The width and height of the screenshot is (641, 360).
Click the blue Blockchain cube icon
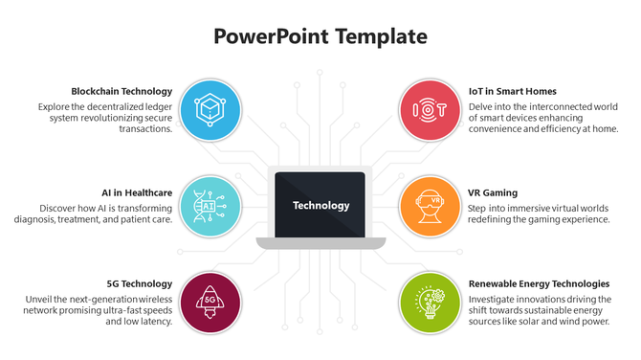coord(210,110)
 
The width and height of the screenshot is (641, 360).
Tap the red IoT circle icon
coord(430,110)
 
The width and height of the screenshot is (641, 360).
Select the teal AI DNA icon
coord(210,205)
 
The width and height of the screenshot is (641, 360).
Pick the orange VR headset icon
coord(430,205)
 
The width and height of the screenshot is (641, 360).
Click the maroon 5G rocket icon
coord(210,300)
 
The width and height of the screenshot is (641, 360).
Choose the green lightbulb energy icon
coord(430,300)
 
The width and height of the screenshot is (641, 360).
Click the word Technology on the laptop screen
coord(320,205)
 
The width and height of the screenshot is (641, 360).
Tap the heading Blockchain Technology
coord(122,92)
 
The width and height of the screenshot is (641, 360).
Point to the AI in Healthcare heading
coord(137,192)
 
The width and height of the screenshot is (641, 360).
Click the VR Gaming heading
coord(492,192)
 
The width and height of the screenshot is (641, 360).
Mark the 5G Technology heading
coord(140,283)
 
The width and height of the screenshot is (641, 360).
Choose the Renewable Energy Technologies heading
coord(539,283)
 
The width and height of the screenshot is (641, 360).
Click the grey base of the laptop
coord(320,243)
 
